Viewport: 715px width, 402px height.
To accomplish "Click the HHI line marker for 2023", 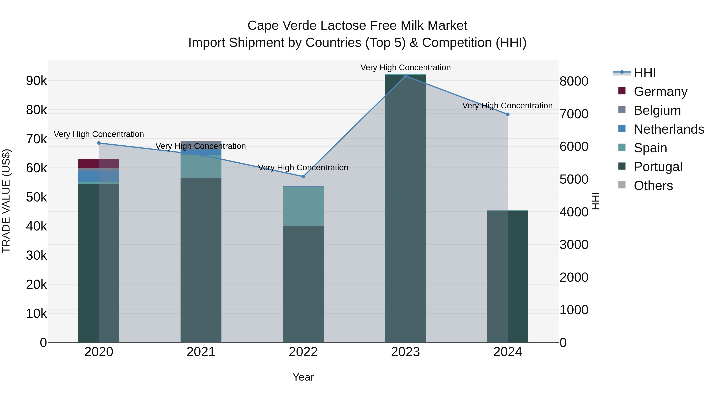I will (x=406, y=76).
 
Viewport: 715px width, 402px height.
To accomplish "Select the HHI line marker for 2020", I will (x=99, y=143).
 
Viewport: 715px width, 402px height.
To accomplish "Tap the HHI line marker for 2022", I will (x=303, y=177).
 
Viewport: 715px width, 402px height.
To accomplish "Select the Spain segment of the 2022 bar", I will (x=303, y=206).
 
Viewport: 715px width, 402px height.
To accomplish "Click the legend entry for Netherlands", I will (x=669, y=129).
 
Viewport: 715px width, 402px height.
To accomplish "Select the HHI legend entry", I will (x=645, y=73).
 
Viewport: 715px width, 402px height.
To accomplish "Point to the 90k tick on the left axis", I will (x=37, y=81).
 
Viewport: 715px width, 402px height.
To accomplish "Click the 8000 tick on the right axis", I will (x=574, y=82).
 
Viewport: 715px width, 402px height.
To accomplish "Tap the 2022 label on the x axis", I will (x=303, y=352).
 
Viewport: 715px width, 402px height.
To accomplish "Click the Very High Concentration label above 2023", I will (x=406, y=68).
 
